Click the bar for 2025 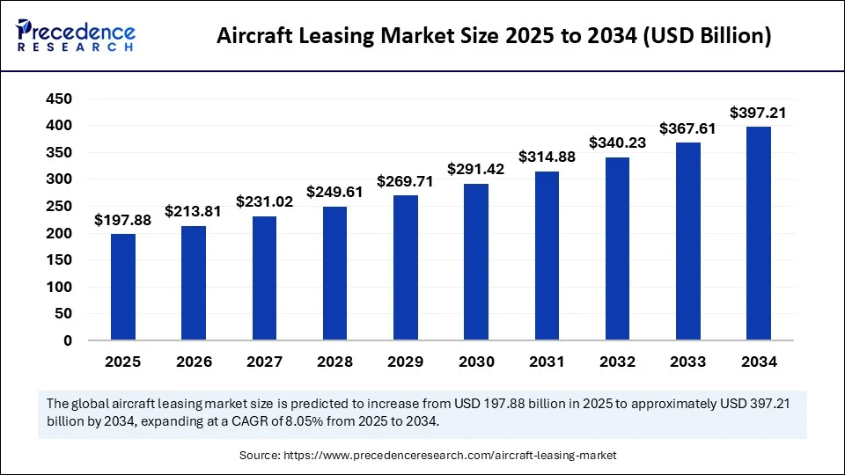click(x=123, y=287)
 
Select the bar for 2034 click(x=759, y=233)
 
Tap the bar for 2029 click(x=406, y=267)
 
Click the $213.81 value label click(x=194, y=211)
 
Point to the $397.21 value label click(x=759, y=113)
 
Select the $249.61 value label click(x=334, y=192)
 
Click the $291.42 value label click(x=476, y=169)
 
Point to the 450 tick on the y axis click(x=59, y=99)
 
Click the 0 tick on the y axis click(x=67, y=340)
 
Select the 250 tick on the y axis click(x=59, y=207)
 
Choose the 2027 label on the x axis click(x=264, y=362)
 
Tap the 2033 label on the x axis click(x=687, y=362)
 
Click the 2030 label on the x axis click(x=476, y=362)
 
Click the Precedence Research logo click(x=76, y=35)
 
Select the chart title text click(x=494, y=36)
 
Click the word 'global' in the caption click(x=91, y=404)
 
